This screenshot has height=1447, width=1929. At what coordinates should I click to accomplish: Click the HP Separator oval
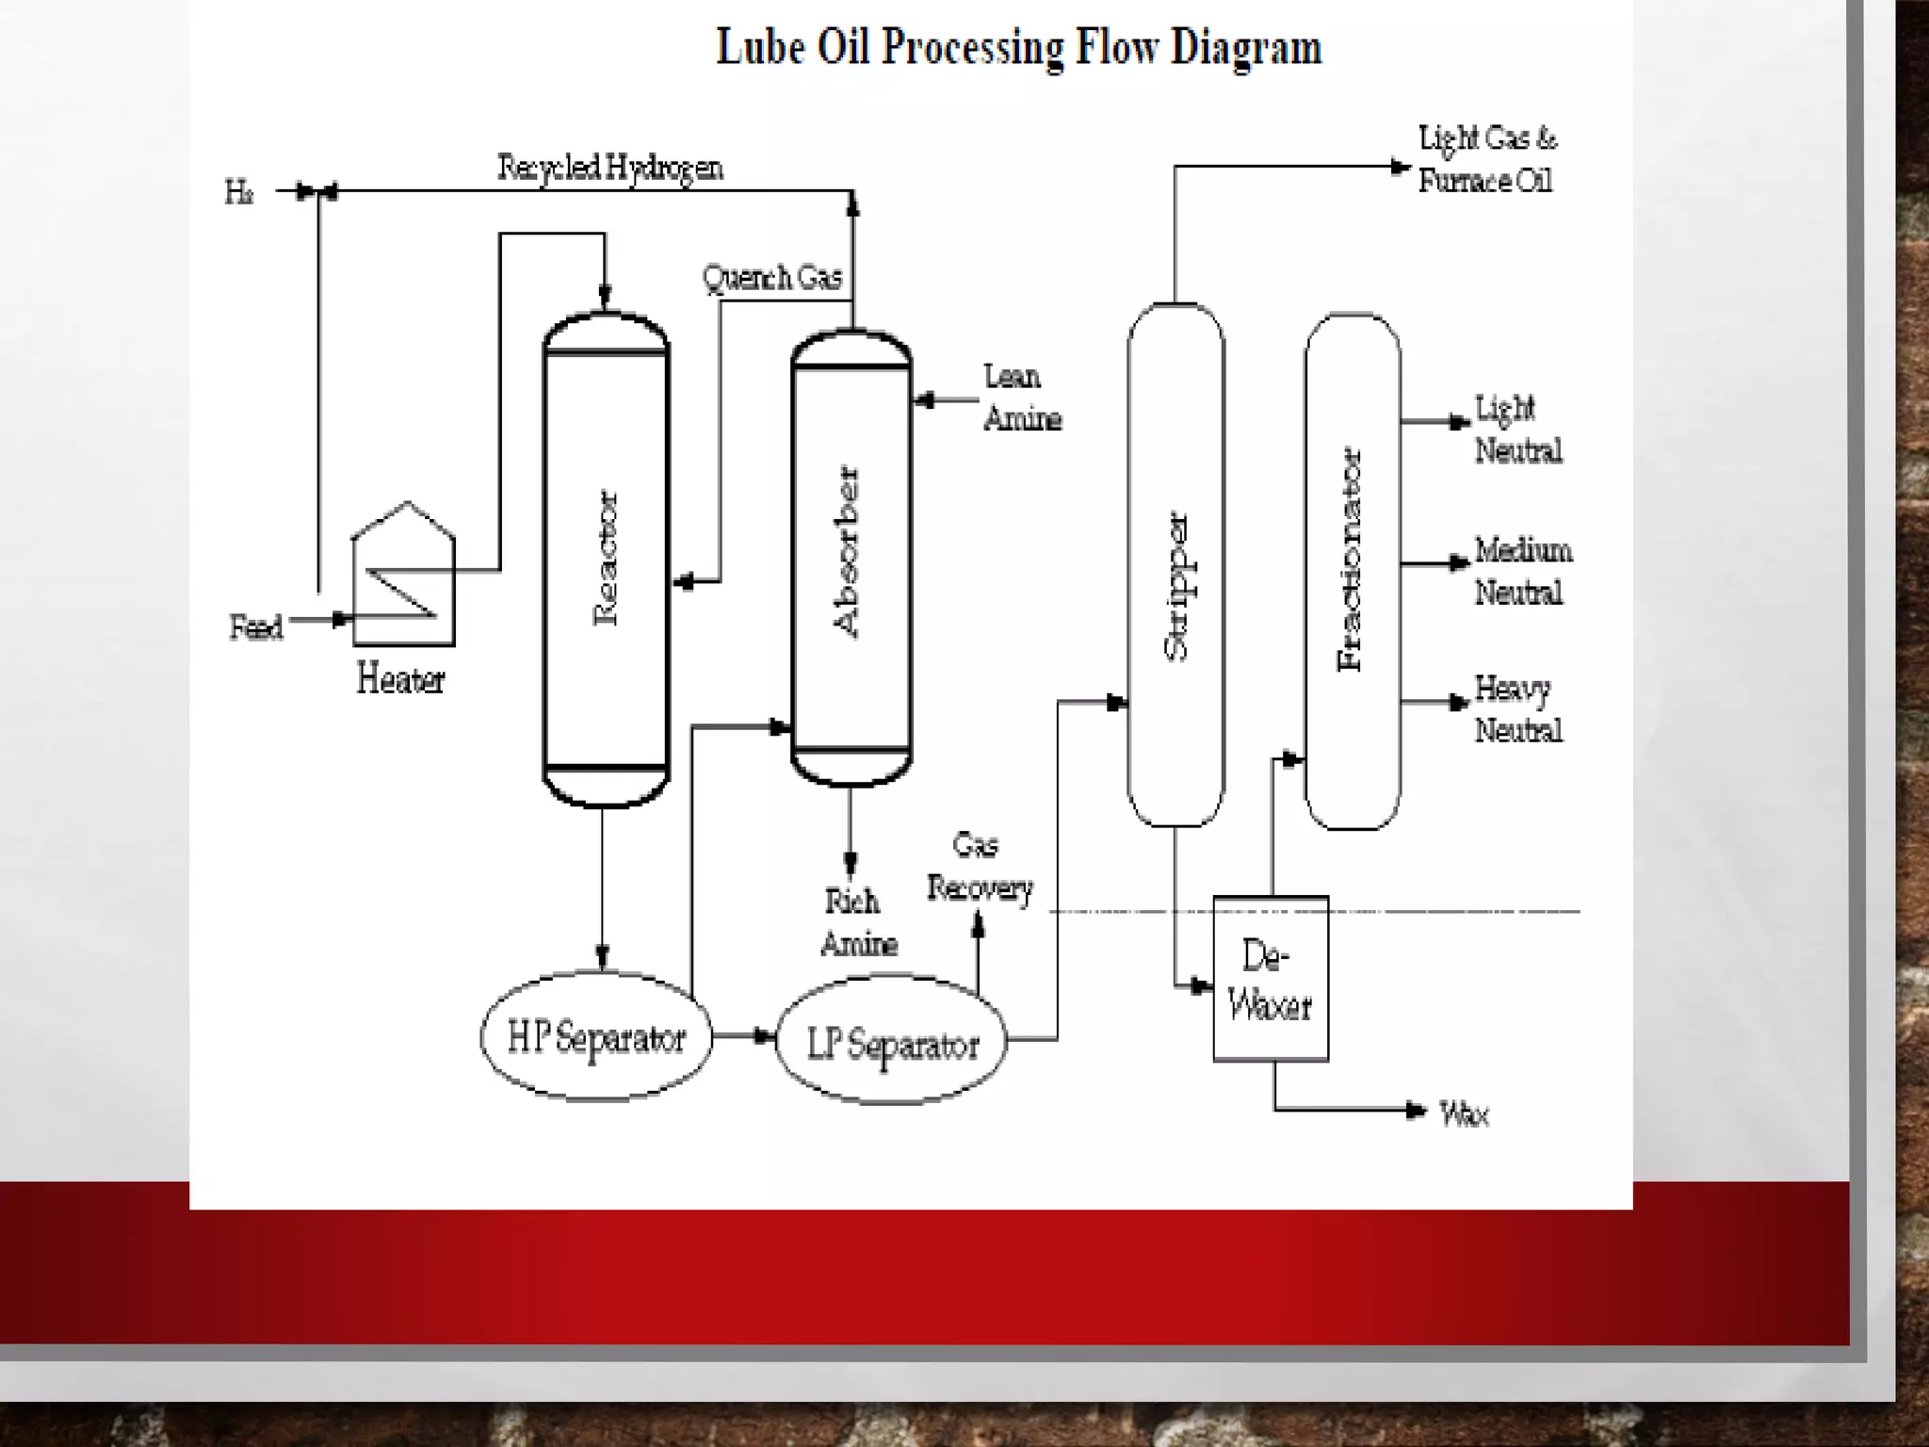pos(596,1037)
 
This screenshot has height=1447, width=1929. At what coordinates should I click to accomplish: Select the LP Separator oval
pos(891,1042)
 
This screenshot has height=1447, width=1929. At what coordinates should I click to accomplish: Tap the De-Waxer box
pos(1271,980)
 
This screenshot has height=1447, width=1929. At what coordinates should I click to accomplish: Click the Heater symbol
pos(404,577)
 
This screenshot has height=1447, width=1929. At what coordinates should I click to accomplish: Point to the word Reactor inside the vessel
pos(606,558)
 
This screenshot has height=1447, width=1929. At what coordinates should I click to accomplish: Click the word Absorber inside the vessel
pos(848,552)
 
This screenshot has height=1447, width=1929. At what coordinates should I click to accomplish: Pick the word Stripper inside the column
pos(1176,586)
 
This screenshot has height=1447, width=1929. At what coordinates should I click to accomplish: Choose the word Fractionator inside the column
pos(1351,560)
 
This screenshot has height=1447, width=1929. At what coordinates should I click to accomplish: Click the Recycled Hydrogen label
pos(610,168)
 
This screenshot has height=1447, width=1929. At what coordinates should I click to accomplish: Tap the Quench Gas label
pos(772,278)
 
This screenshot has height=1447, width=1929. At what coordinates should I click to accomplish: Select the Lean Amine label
pos(1022,398)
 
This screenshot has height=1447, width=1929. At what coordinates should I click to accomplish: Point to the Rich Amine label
pos(858,922)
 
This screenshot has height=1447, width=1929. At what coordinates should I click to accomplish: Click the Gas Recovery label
pos(980,867)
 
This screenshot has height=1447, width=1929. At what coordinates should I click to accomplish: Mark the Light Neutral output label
pos(1517,430)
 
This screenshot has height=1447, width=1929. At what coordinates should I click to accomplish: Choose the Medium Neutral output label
pos(1522,571)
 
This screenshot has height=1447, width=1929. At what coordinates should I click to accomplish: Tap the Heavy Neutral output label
pos(1517,709)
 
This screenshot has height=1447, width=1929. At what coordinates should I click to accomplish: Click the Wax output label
pos(1464,1114)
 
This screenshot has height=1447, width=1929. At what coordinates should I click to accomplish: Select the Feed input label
pos(256,627)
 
